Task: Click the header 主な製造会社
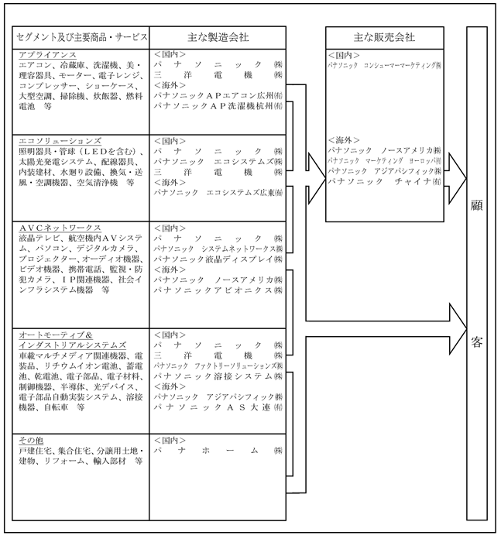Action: (218, 37)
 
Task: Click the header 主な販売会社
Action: (383, 37)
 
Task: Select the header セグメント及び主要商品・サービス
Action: (79, 37)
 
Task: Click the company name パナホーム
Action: (218, 450)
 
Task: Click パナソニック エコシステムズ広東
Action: (218, 191)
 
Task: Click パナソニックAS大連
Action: (218, 406)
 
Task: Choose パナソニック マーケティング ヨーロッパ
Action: (384, 160)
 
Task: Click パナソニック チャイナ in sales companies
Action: (384, 180)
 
